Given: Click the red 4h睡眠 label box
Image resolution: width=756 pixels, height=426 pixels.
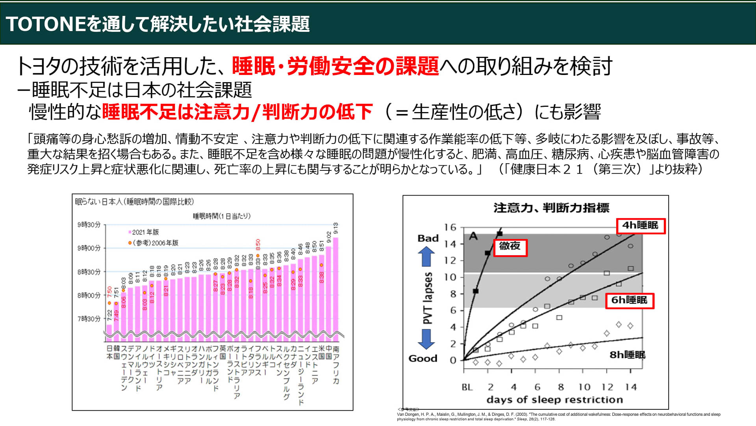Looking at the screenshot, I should (641, 226).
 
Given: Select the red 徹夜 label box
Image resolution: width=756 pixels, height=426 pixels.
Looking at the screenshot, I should (510, 247).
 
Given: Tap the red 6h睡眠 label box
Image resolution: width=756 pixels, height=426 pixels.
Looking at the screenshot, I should (629, 301).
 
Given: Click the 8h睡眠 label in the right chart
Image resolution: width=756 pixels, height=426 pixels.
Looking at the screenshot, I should (627, 355).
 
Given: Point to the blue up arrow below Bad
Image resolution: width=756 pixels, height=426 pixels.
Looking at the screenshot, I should (426, 256).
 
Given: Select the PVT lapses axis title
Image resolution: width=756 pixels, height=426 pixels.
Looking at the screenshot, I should (428, 298).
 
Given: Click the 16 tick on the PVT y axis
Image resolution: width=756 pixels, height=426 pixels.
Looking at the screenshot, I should (450, 228).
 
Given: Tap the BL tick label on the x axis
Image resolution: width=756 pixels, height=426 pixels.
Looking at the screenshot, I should (467, 387).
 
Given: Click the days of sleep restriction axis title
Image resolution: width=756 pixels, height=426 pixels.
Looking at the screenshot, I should (554, 400).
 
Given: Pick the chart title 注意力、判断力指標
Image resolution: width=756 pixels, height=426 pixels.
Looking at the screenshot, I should (551, 208).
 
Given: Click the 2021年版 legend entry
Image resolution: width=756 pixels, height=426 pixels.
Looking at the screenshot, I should (144, 232).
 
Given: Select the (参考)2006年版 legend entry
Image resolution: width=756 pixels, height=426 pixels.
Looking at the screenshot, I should (154, 243).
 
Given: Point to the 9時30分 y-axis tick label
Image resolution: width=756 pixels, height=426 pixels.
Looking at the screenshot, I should (89, 225).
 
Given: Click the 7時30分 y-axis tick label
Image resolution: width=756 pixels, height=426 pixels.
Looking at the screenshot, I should (89, 319).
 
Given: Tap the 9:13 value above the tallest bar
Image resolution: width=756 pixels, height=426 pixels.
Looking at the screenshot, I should (336, 228).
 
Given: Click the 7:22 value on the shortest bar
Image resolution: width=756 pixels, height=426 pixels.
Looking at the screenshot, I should (109, 315).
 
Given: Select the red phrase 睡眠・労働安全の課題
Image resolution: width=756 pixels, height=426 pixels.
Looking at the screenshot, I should (335, 66).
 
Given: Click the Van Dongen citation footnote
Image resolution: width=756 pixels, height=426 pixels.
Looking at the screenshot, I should (558, 417).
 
